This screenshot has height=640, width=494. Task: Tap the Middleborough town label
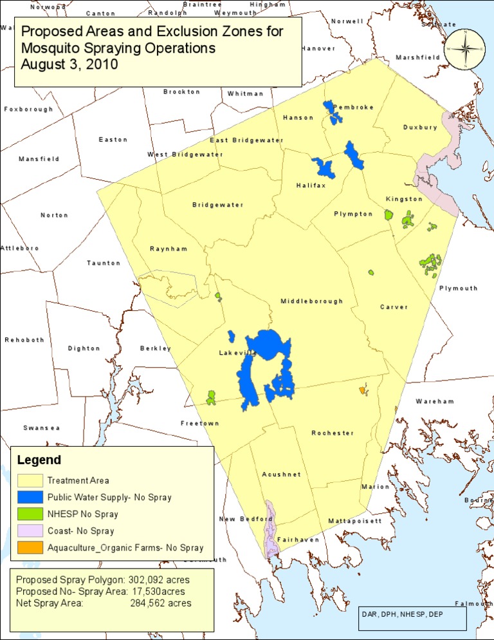[311, 301]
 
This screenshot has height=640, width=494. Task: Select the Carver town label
[394, 307]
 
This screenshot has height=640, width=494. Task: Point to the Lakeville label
[238, 353]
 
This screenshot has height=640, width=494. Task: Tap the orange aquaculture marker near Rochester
[363, 390]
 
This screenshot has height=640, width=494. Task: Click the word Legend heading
[39, 460]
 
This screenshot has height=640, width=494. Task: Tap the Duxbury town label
[420, 127]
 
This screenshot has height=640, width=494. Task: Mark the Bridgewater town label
[217, 205]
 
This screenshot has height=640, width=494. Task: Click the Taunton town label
[104, 263]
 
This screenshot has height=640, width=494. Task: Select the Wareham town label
[434, 402]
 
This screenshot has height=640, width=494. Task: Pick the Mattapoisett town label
[355, 520]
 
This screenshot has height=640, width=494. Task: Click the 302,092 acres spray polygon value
[159, 579]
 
